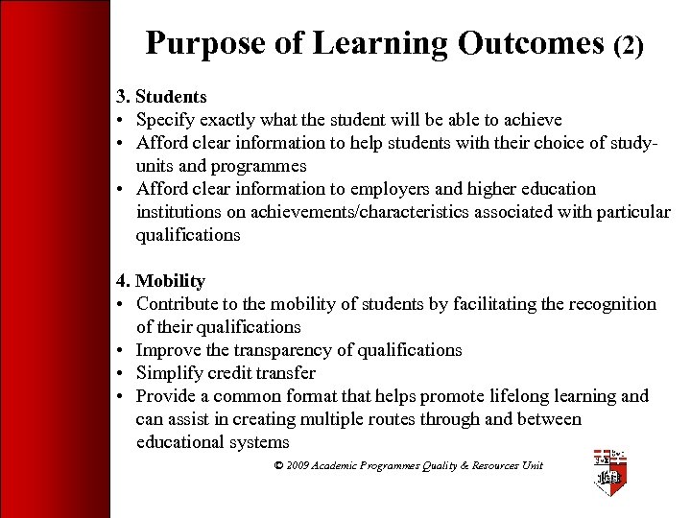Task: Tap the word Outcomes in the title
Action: pos(531,43)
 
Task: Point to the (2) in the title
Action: pos(628,45)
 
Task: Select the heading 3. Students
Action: pos(161,97)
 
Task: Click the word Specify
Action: pos(167,120)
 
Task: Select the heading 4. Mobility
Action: pos(160,281)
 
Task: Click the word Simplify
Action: pos(171,373)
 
